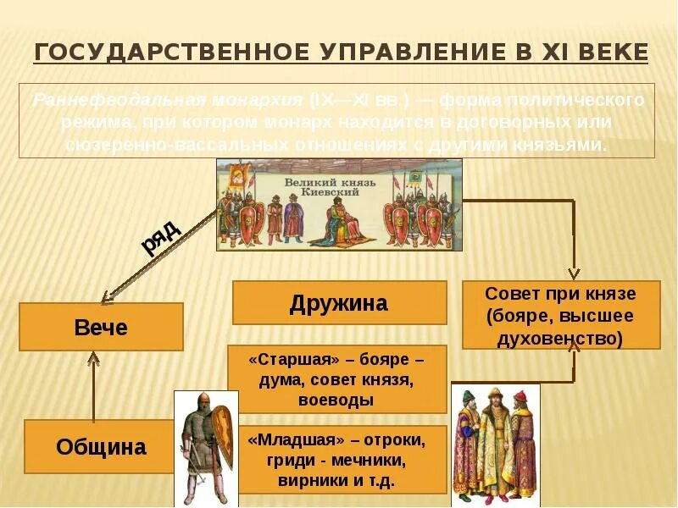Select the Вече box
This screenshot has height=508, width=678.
[101, 327]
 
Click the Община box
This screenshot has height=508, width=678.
[101, 446]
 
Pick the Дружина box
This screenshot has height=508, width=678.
[339, 302]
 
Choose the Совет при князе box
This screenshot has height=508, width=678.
[560, 316]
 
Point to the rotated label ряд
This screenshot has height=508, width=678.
[160, 238]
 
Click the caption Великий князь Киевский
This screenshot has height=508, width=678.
[322, 186]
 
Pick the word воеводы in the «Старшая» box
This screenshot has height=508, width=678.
[337, 400]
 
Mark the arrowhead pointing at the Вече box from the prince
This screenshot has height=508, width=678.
[106, 297]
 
